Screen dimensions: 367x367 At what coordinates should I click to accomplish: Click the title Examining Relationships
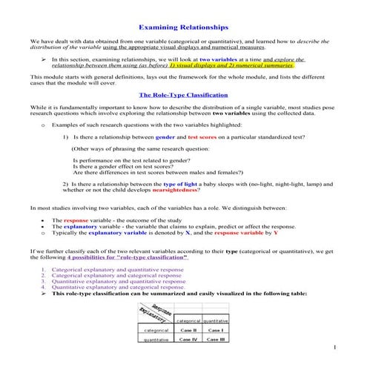point(183,27)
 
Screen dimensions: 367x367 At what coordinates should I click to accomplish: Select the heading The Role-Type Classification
point(183,95)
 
